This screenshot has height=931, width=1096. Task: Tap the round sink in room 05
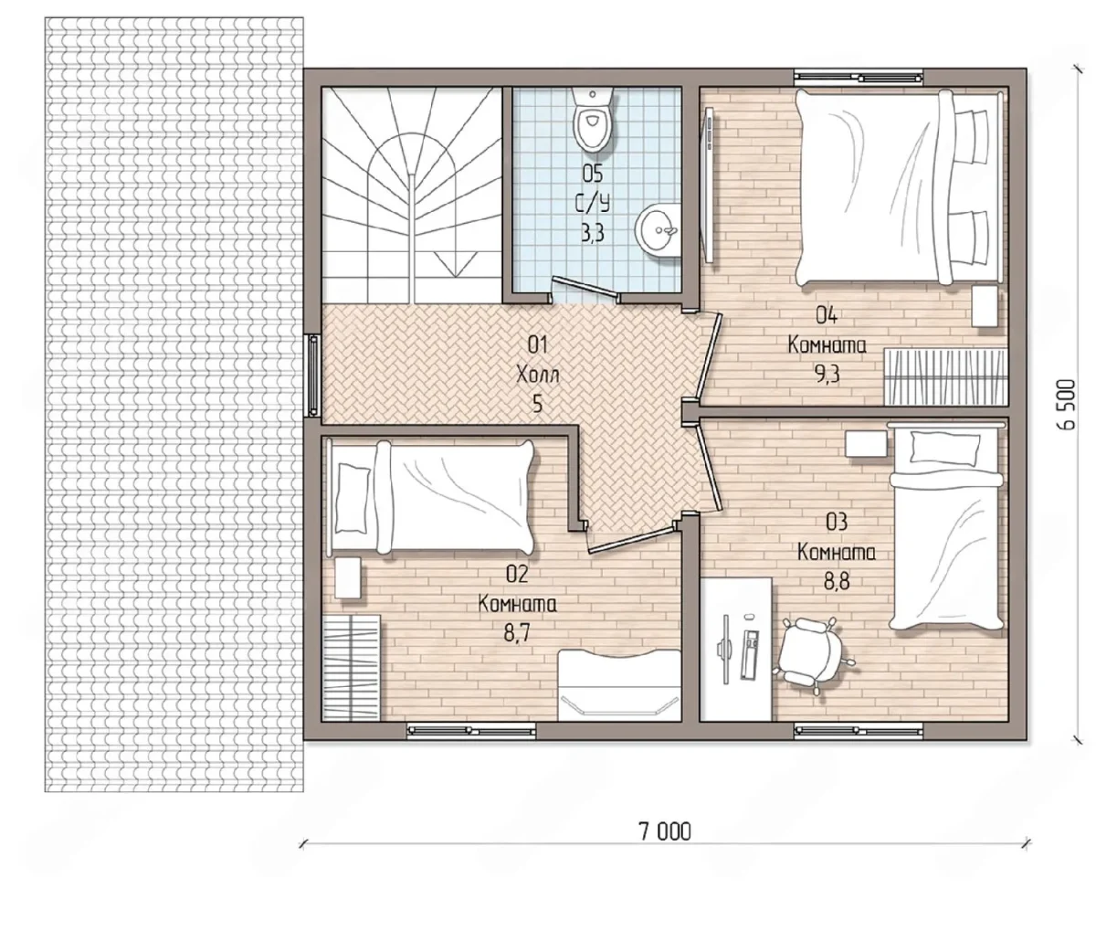(658, 232)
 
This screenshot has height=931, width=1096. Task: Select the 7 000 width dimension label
(666, 831)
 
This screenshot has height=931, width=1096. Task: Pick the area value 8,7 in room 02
(518, 633)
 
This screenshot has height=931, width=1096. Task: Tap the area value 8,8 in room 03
(837, 582)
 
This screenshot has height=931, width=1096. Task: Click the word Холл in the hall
(537, 376)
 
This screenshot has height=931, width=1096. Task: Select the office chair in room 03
(810, 655)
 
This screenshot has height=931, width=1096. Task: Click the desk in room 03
(736, 649)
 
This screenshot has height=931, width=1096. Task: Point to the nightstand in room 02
(348, 577)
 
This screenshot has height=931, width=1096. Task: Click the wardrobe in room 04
(945, 376)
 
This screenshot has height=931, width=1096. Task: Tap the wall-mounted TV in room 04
(708, 184)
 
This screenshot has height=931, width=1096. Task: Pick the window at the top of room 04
(858, 78)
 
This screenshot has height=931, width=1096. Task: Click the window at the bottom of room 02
(471, 730)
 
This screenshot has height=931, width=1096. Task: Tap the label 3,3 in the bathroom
(592, 232)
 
